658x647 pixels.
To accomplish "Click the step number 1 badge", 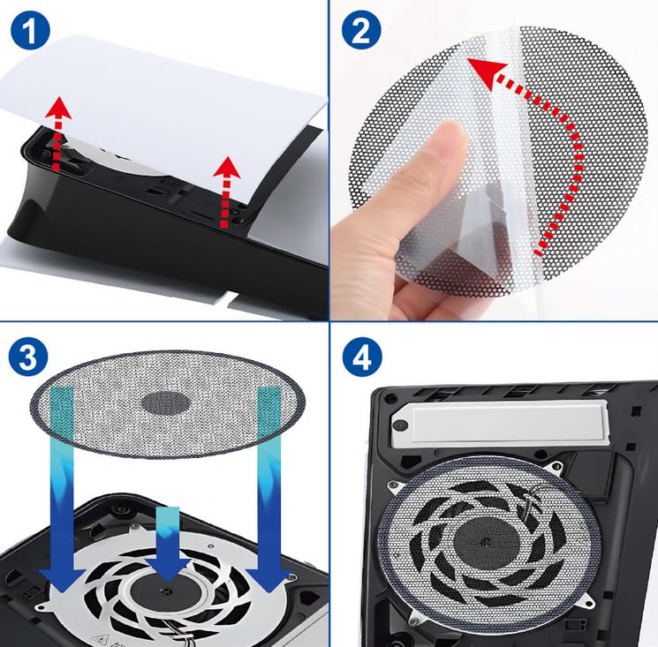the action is coord(29,31).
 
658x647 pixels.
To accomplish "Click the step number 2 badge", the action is coord(361,30).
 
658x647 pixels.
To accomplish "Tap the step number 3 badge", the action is coord(28,357).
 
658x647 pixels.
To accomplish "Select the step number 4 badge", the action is coord(362,357).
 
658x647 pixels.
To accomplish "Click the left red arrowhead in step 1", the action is coord(58,107).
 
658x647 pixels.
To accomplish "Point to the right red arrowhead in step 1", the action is coord(227,168).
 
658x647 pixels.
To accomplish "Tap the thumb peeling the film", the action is coord(436,163).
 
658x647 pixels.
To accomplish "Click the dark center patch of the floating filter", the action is coord(165,403).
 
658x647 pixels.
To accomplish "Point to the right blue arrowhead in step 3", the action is coord(268,580).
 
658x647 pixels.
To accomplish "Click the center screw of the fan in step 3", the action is coord(167,591).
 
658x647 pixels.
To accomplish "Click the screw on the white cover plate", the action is coord(401,425).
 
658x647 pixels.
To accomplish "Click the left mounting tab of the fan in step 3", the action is coord(42,606).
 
